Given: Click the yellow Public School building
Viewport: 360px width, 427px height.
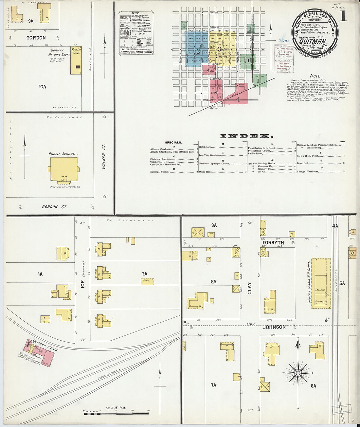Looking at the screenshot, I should point(64,169).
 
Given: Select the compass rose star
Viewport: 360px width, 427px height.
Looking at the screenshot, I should point(298,373).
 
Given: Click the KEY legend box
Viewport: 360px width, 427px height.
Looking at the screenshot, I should point(136,33).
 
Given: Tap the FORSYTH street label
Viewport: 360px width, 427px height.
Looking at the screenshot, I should point(273,243).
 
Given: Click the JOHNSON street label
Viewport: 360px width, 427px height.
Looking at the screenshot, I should point(274,327).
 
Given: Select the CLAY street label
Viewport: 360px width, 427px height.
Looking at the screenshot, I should point(249,288).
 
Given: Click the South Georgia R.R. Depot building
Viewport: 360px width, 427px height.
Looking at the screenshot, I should point(320,283).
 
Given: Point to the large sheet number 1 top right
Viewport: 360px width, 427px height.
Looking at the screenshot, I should point(343,16).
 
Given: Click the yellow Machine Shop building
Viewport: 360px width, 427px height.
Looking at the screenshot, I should point(76,60).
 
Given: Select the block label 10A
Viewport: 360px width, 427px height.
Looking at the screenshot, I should point(42,87).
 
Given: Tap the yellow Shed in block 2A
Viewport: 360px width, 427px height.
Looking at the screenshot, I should point(148,281).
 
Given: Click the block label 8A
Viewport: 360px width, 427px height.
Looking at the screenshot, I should point(313,386).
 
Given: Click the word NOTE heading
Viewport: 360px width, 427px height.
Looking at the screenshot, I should point(315,76).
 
